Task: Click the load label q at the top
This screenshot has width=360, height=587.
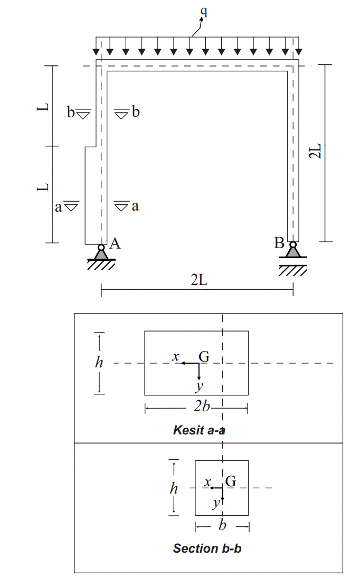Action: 203,12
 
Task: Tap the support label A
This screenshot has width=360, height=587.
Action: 115,243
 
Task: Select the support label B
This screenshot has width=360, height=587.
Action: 279,243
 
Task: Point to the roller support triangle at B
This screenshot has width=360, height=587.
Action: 293,252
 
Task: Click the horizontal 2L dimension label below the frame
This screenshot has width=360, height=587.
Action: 198,279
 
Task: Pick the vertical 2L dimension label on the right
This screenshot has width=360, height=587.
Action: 315,151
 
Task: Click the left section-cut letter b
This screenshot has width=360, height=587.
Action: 71,111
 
